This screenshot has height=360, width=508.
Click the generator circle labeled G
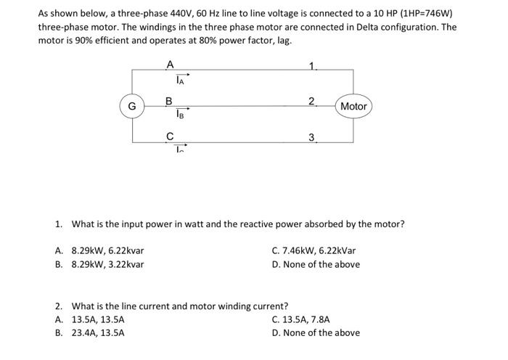pyautogui.click(x=132, y=106)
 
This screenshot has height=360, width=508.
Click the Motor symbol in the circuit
pyautogui.click(x=353, y=107)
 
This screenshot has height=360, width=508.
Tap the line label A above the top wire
pyautogui.click(x=170, y=64)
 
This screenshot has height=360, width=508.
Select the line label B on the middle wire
pyautogui.click(x=169, y=101)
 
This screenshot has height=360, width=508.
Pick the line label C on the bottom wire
pyautogui.click(x=170, y=136)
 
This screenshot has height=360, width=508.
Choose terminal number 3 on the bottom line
pyautogui.click(x=311, y=136)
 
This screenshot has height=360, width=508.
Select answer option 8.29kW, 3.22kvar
pyautogui.click(x=107, y=264)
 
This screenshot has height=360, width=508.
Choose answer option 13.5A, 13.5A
pyautogui.click(x=98, y=319)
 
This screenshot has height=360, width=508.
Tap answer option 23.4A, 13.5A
pyautogui.click(x=98, y=332)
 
